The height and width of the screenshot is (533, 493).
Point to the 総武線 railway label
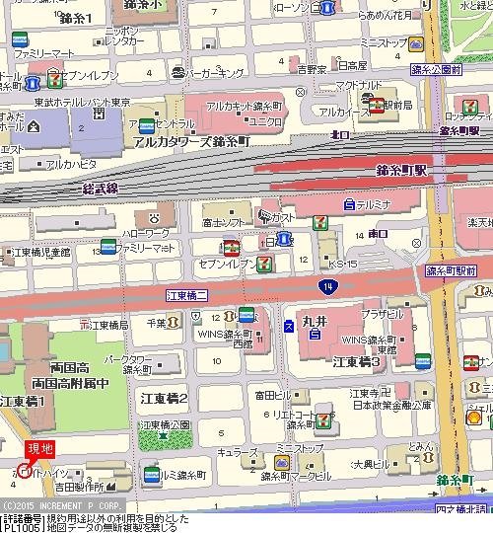[100, 187]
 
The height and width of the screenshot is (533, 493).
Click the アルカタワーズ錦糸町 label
[190, 141]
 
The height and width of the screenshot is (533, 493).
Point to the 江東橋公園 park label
[164, 425]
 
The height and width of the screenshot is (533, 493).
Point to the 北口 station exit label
[340, 133]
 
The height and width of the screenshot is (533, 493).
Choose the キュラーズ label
[238, 451]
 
